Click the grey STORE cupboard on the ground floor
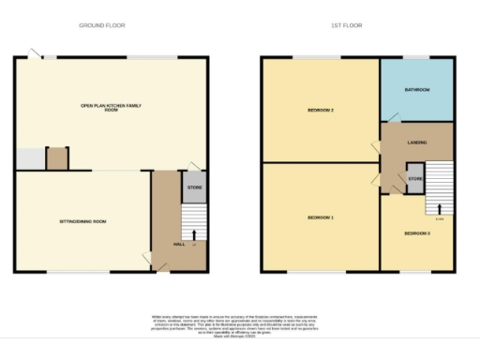[x=194, y=187]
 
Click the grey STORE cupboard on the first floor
[x=414, y=178]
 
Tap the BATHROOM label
[x=416, y=90]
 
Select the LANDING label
[x=417, y=142]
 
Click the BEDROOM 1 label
[x=320, y=217]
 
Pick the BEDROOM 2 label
[x=321, y=111]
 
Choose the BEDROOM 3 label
[x=417, y=232]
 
